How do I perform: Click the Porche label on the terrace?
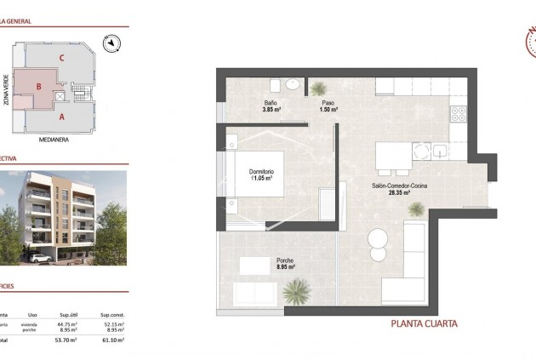pyautogui.click(x=285, y=260)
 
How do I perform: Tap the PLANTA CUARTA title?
pyautogui.click(x=424, y=323)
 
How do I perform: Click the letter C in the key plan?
pyautogui.click(x=63, y=58)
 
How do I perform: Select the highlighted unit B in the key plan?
pyautogui.click(x=39, y=87)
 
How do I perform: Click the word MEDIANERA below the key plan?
pyautogui.click(x=55, y=138)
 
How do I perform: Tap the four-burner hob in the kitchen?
pyautogui.click(x=458, y=112)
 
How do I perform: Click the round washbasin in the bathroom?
pyautogui.click(x=293, y=84)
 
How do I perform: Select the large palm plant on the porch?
pyautogui.click(x=295, y=291)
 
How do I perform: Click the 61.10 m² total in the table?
pyautogui.click(x=113, y=340)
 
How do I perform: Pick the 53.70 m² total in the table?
pyautogui.click(x=66, y=340)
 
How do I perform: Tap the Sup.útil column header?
pyautogui.click(x=67, y=315)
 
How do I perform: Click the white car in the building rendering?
pyautogui.click(x=37, y=257)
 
